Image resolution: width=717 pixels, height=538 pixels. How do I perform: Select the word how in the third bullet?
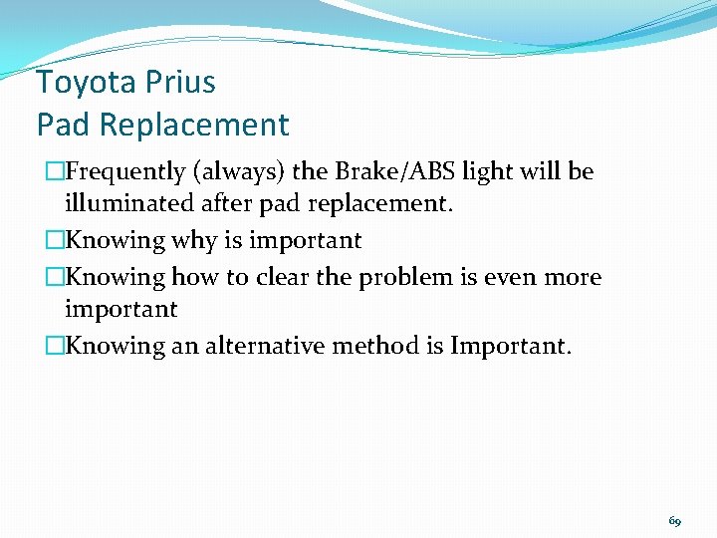[195, 276]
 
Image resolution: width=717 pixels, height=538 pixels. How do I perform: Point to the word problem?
[397, 276]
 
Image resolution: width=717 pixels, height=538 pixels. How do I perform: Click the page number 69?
[675, 521]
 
